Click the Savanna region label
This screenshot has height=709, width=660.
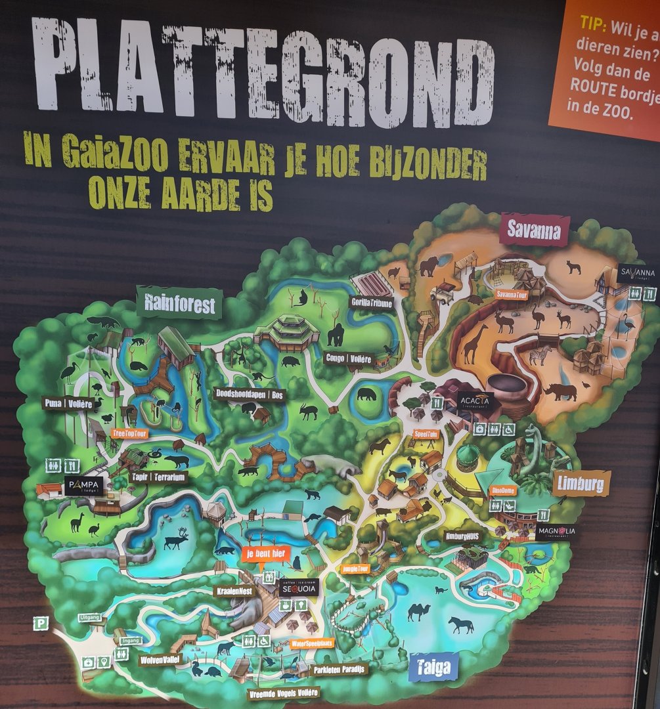535,230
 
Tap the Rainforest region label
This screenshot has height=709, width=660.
179,303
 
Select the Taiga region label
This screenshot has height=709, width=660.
433,668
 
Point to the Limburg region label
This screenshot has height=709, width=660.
581,483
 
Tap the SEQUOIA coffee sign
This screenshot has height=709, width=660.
299,588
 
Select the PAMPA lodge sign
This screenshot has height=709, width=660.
83,486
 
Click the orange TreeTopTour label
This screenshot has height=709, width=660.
130,434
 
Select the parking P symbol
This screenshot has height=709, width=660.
41,622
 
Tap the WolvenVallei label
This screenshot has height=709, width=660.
158,658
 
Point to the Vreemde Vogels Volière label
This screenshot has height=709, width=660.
284,693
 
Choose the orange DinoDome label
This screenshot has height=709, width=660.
504,490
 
